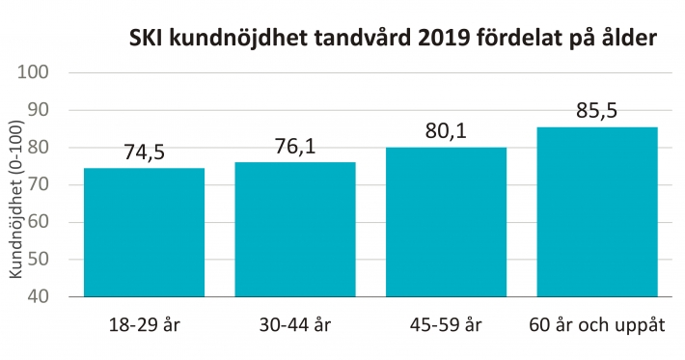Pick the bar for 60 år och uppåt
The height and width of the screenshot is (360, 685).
597,211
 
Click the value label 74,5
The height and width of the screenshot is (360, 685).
144,152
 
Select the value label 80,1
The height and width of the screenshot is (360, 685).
446,130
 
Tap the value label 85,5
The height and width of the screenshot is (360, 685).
597,110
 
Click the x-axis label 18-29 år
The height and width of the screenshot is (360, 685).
144,324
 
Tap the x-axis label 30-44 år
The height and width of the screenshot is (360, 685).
294,324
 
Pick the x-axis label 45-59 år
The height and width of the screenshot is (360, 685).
446,324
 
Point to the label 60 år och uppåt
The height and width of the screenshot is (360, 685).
597,324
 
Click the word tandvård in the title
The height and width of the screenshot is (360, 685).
365,40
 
